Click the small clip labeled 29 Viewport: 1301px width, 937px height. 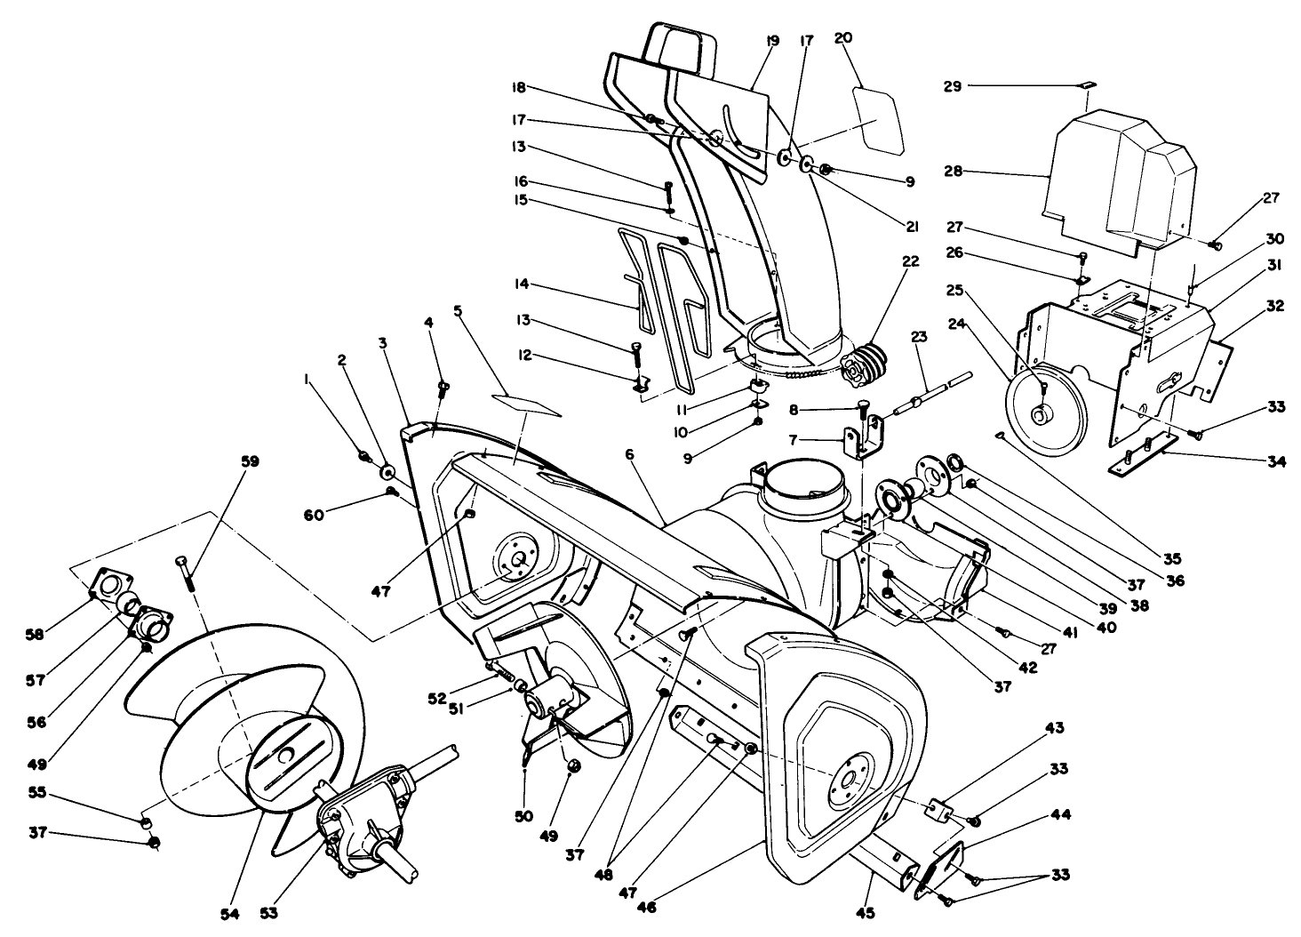click(1089, 85)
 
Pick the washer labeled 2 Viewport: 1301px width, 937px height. click(388, 468)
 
